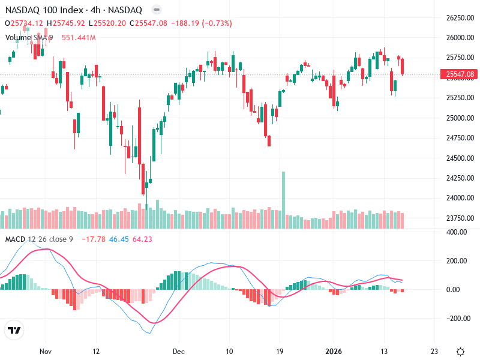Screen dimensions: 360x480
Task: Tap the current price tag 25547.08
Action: [x=460, y=74]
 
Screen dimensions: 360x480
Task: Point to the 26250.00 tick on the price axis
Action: [x=460, y=18]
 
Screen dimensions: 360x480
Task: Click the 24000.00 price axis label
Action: [x=460, y=198]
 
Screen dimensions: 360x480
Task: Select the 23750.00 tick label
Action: [x=460, y=218]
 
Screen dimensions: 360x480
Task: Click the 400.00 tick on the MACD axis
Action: [x=457, y=232]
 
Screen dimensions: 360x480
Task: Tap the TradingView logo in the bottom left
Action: [x=14, y=331]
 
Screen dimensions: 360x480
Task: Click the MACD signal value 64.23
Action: [x=143, y=239]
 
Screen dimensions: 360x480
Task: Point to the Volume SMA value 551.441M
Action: [x=79, y=37]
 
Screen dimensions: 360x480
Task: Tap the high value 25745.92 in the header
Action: [x=69, y=23]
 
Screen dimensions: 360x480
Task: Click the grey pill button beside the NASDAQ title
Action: [x=156, y=10]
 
